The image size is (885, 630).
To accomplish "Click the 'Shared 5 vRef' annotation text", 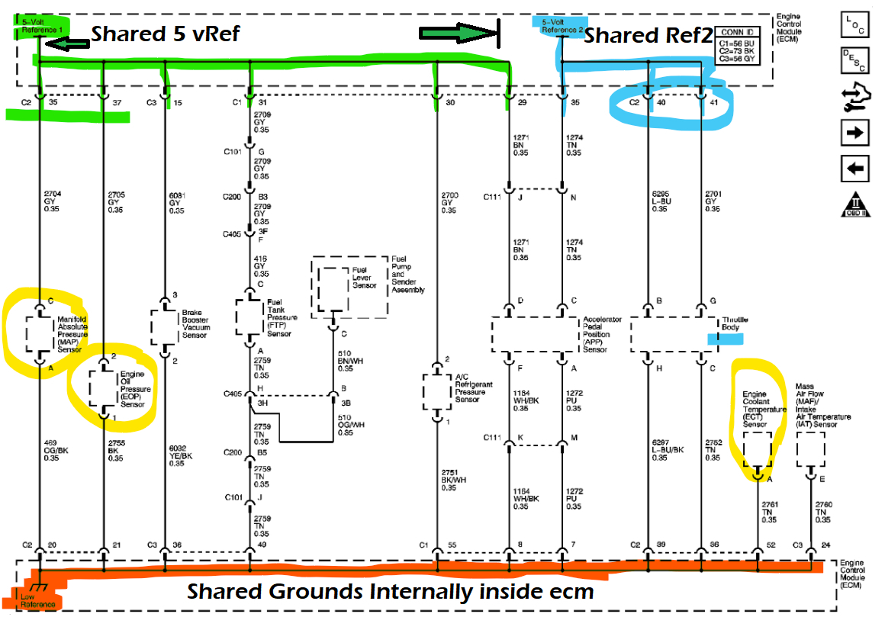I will (x=166, y=34).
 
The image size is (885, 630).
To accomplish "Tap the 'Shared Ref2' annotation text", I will (x=639, y=35).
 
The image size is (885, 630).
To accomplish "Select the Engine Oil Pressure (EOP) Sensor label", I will (x=135, y=389).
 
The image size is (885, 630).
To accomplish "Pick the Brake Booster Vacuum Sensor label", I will (x=197, y=324).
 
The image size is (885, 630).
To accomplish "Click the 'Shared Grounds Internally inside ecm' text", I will (x=390, y=591).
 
